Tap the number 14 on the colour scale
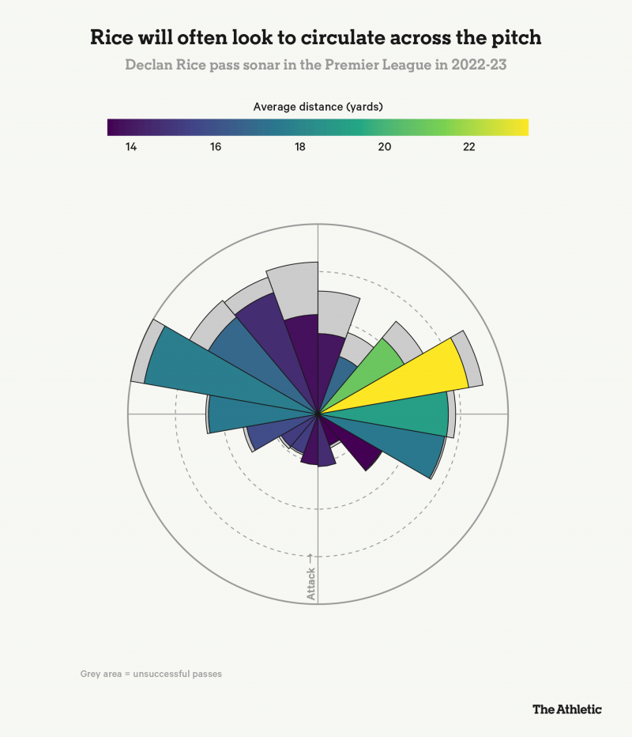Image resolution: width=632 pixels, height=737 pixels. tap(130, 147)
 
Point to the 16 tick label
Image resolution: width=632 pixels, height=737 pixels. tap(215, 147)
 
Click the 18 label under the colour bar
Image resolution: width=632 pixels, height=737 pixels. tap(299, 147)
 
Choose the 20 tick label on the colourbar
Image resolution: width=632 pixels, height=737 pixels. tap(384, 147)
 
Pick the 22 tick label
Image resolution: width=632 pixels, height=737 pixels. tap(468, 147)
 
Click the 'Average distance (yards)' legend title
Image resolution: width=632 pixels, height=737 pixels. tap(318, 106)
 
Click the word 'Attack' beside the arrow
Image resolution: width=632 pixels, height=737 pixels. tap(311, 584)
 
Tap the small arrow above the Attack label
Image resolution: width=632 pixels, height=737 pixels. tap(311, 558)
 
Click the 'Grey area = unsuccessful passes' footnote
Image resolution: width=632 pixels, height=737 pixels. tap(151, 675)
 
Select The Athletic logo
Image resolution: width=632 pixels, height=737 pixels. tap(566, 709)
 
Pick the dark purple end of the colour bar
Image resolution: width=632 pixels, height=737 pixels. tap(115, 127)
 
